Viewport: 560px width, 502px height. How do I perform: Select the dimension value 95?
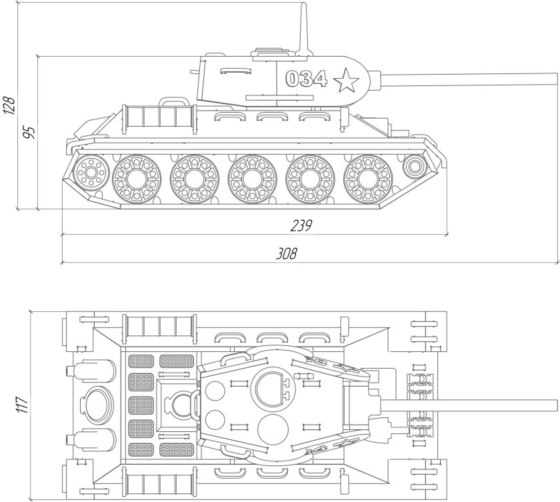pos(29,131)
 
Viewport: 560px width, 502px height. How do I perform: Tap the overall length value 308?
pos(286,253)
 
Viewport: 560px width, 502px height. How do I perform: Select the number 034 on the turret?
pos(306,79)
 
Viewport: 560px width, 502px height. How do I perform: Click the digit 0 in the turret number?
pos(293,79)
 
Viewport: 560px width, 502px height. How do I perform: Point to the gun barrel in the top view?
pos(467,405)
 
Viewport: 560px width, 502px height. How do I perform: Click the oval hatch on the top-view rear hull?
pos(96,404)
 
